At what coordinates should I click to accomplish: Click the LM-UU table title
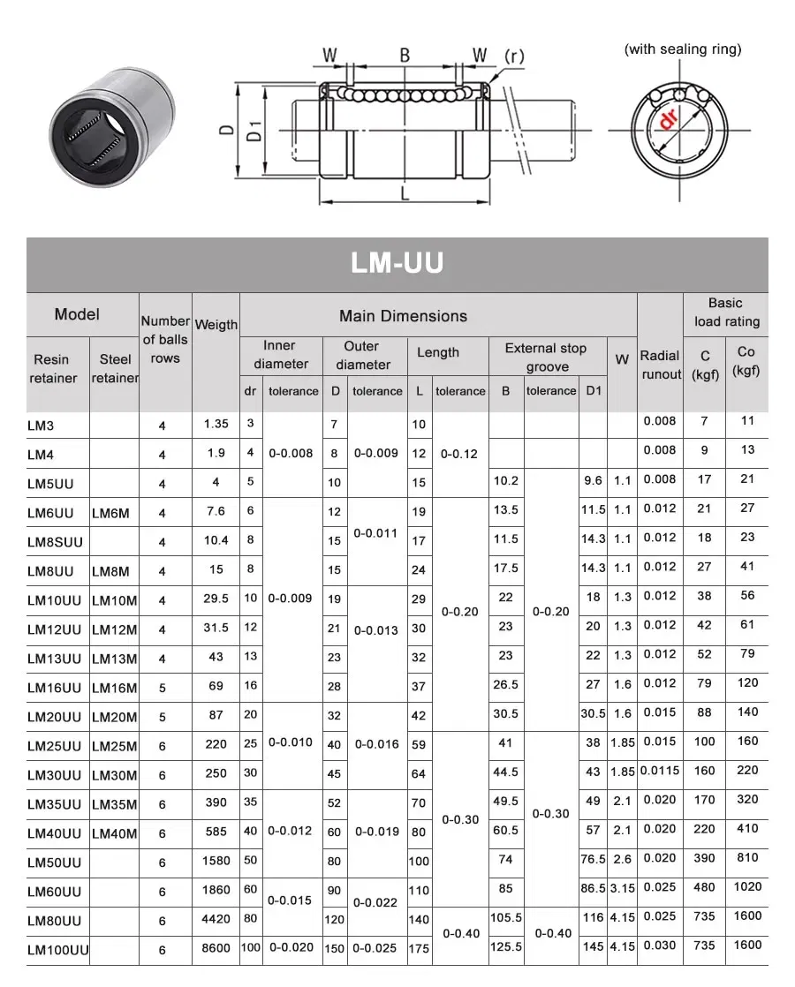tap(397, 263)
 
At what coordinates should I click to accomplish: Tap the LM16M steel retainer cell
tap(115, 688)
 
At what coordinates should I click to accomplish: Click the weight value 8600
tap(216, 948)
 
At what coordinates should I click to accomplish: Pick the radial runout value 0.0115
tap(660, 771)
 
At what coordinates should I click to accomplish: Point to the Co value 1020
tap(747, 887)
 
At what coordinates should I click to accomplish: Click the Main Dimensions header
tap(403, 316)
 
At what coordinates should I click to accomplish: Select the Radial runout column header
tap(660, 365)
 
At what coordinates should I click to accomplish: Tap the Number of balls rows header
tap(165, 340)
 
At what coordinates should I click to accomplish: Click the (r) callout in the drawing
tap(513, 57)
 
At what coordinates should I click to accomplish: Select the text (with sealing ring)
tap(683, 49)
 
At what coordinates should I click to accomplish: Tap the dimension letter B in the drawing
tap(405, 56)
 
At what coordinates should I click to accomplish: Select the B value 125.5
tap(505, 947)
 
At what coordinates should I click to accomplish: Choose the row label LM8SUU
tap(54, 542)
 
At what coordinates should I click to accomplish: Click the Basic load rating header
tap(725, 313)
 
